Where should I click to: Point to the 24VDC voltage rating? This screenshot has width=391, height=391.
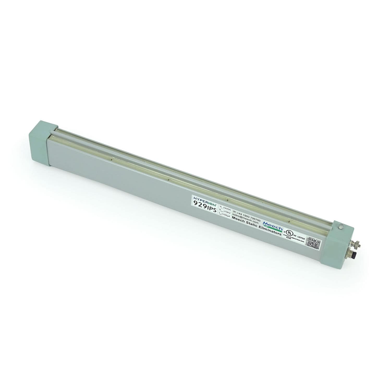point(226,207)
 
